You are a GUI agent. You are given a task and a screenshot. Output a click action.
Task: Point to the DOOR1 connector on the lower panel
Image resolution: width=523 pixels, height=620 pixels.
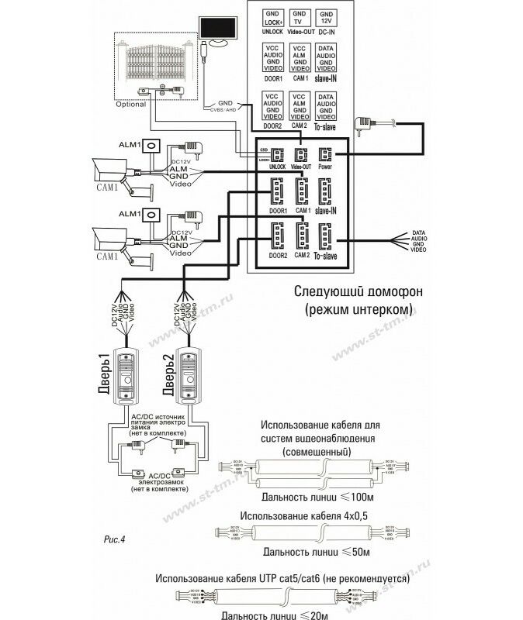click(276, 191)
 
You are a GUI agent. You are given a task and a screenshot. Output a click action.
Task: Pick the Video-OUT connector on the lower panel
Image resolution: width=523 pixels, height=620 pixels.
click(301, 155)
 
